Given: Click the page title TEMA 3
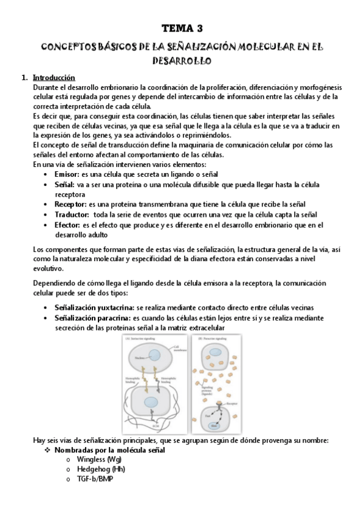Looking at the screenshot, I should pyautogui.click(x=182, y=29).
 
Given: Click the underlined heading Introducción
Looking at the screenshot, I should pyautogui.click(x=53, y=78).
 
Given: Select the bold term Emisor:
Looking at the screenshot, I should pyautogui.click(x=66, y=174).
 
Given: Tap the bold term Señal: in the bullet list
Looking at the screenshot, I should pyautogui.click(x=64, y=184).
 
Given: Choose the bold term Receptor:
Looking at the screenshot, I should pyautogui.click(x=70, y=204).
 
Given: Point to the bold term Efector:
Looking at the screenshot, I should pyautogui.click(x=67, y=225).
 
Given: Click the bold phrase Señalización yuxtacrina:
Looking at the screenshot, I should pyautogui.click(x=94, y=308).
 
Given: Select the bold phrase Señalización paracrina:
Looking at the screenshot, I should pyautogui.click(x=92, y=318).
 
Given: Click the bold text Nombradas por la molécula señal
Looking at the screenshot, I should pyautogui.click(x=109, y=450).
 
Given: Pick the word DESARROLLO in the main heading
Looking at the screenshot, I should pyautogui.click(x=182, y=61).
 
